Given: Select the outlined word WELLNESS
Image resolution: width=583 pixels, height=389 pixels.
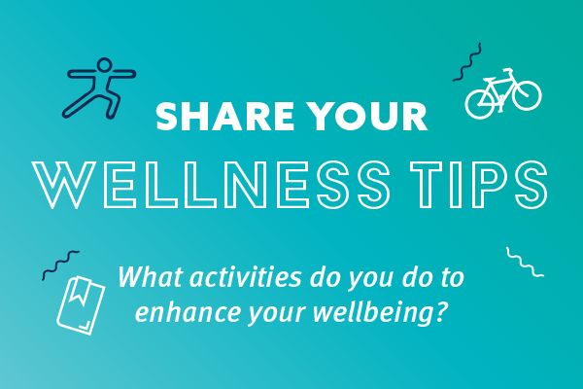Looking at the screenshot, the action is (211, 185).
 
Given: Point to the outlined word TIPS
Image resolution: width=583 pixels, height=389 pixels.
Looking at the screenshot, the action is (479, 185).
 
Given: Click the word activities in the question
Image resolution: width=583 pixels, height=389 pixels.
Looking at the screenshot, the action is (246, 278).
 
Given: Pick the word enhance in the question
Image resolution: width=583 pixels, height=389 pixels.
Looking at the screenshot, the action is (189, 311).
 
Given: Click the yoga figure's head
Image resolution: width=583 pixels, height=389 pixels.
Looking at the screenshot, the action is (105, 65).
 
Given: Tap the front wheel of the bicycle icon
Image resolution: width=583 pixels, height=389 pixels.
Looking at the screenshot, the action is (526, 95).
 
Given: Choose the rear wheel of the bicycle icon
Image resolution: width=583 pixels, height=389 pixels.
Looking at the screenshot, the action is (480, 104).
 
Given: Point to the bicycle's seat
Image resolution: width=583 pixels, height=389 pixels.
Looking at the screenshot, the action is (490, 80).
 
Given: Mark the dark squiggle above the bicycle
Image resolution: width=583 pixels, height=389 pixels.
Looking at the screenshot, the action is (467, 62).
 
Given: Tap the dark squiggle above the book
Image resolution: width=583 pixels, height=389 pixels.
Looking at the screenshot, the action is (60, 264).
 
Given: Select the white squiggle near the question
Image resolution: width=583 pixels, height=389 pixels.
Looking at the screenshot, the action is (525, 262).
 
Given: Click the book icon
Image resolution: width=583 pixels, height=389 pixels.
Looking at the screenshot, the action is (81, 305).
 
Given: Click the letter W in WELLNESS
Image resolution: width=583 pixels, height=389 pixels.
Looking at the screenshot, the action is (63, 185).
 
